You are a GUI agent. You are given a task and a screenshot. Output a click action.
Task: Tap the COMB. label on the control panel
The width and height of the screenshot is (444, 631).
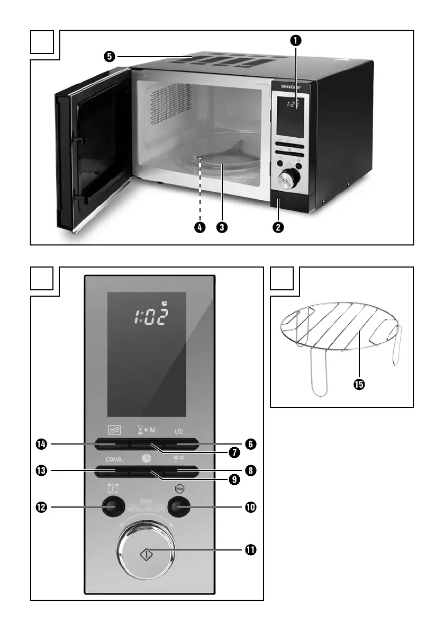point(107,459)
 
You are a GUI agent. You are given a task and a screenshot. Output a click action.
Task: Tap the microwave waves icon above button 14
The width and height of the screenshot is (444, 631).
point(111,431)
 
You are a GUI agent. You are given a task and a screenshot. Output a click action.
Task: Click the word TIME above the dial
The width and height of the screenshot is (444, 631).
point(147,501)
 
